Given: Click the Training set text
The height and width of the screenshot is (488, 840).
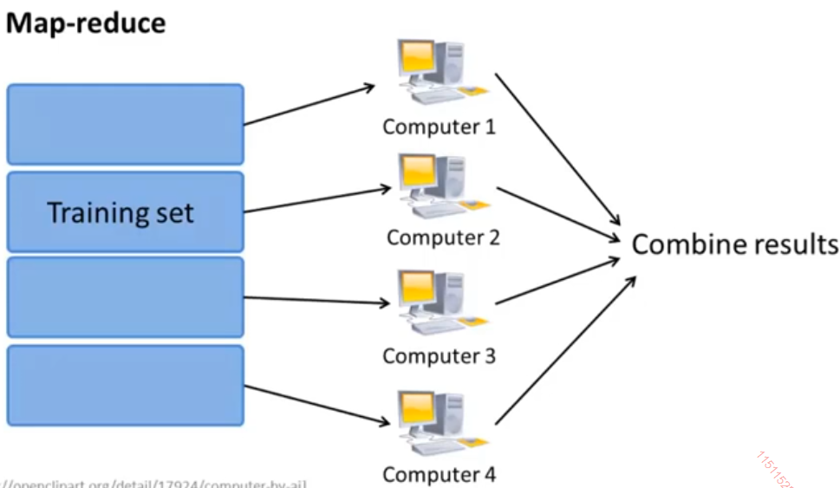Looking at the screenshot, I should (120, 212).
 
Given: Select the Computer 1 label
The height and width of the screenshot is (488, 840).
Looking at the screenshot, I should (439, 127).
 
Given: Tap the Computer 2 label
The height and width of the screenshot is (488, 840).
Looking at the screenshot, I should (443, 237).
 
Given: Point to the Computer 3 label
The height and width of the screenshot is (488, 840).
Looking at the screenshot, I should (439, 355).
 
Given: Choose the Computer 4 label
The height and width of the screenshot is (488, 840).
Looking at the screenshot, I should (439, 474).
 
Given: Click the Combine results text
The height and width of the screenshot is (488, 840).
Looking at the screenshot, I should (734, 244).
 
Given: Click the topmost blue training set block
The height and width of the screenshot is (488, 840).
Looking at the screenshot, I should (125, 124).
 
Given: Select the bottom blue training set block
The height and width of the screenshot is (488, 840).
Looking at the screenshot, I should (125, 386).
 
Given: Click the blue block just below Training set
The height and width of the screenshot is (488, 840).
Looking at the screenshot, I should (125, 297).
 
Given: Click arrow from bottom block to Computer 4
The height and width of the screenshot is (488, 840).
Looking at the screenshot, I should (316, 405).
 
